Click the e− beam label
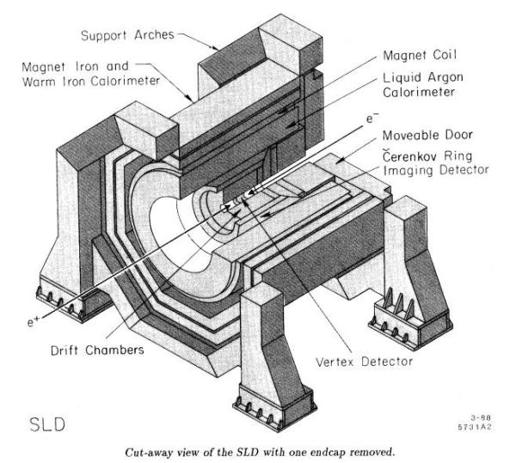[372, 118]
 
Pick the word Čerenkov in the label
[405, 155]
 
